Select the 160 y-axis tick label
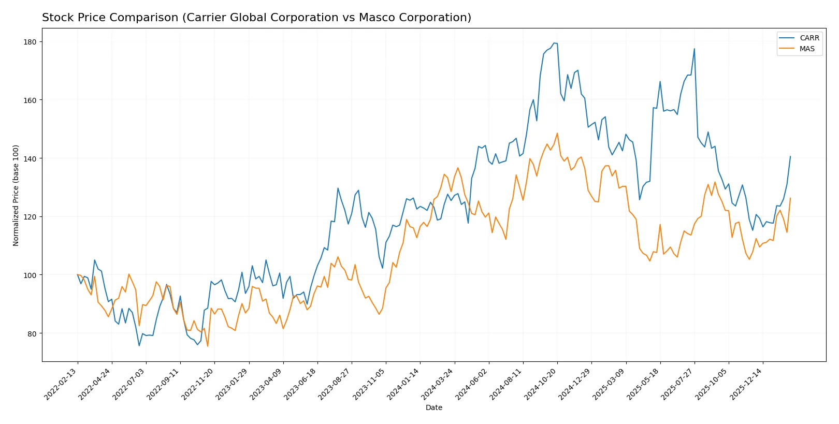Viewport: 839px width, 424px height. [30, 100]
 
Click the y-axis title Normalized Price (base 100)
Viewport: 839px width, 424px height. [16, 195]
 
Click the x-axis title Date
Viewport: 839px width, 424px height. [433, 407]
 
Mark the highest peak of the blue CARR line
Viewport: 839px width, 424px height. [554, 43]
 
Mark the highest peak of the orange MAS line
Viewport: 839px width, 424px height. [557, 133]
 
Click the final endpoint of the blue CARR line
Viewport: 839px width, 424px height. [790, 156]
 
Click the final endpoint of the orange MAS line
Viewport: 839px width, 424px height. [790, 198]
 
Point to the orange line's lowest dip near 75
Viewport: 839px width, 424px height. [208, 346]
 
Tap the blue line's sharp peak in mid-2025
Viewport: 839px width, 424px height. [695, 49]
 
